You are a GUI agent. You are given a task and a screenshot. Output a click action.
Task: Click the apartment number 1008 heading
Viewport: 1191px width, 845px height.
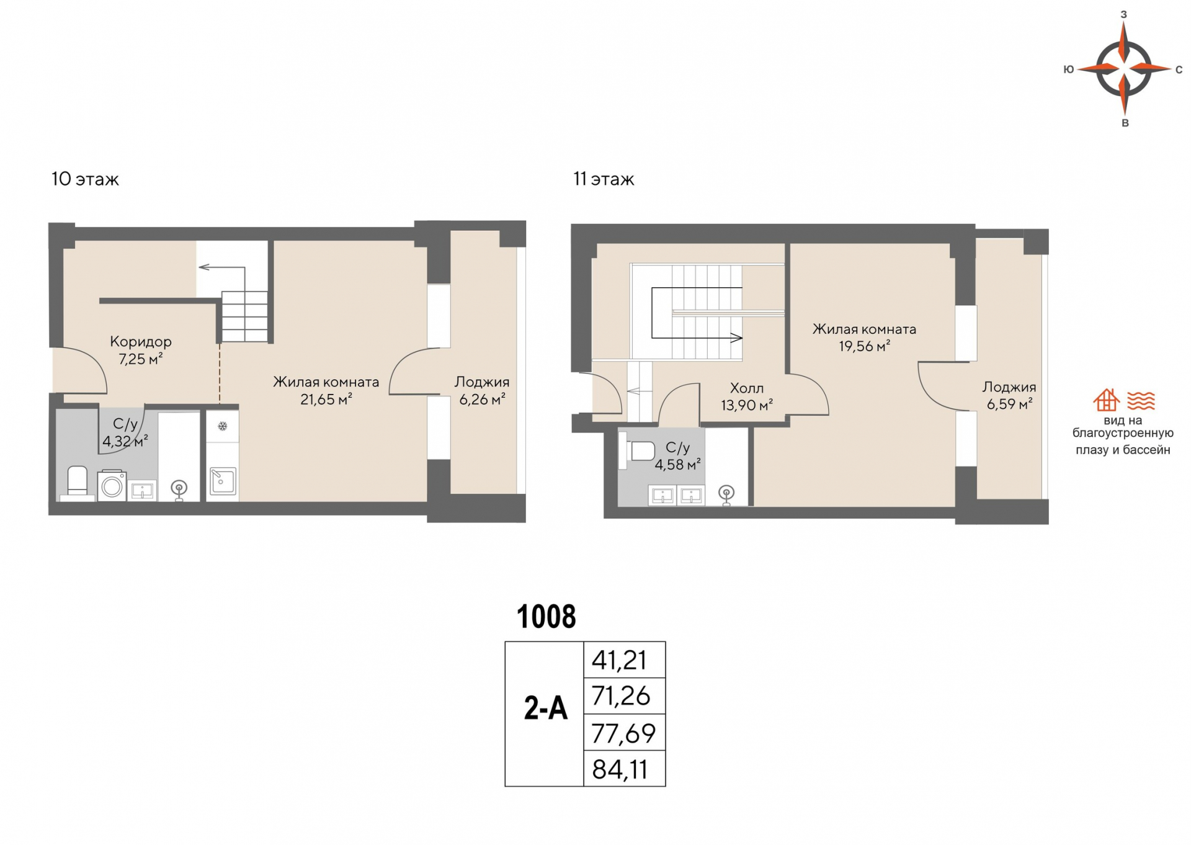tap(546, 617)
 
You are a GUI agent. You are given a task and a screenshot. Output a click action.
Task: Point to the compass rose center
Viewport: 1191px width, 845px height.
tap(1124, 68)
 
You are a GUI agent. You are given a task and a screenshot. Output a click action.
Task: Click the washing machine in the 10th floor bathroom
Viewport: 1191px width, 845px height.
tap(112, 486)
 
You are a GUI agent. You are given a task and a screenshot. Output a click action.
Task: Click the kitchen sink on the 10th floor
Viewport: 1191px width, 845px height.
tap(223, 481)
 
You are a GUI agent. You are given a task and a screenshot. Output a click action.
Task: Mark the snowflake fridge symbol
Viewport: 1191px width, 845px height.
tap(223, 426)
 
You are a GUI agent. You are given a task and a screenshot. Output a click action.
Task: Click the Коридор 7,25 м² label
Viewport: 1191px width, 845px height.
tap(141, 350)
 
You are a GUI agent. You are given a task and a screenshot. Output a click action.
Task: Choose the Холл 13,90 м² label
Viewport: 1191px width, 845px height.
tap(747, 396)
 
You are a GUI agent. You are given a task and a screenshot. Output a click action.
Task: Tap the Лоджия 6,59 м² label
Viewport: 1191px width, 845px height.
tap(1009, 395)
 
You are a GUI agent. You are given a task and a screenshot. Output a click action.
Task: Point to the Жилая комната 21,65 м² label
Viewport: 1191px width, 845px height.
tap(326, 390)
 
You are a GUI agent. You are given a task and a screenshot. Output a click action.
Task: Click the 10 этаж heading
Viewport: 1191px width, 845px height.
tap(85, 179)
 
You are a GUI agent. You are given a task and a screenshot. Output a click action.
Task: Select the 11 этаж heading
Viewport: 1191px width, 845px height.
tap(604, 179)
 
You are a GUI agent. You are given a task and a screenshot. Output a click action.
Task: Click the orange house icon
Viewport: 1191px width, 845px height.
tap(1106, 400)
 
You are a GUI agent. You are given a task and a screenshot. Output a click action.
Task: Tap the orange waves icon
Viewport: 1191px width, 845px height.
tap(1141, 401)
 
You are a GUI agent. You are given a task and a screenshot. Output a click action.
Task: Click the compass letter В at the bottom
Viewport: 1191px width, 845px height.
tap(1125, 123)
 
